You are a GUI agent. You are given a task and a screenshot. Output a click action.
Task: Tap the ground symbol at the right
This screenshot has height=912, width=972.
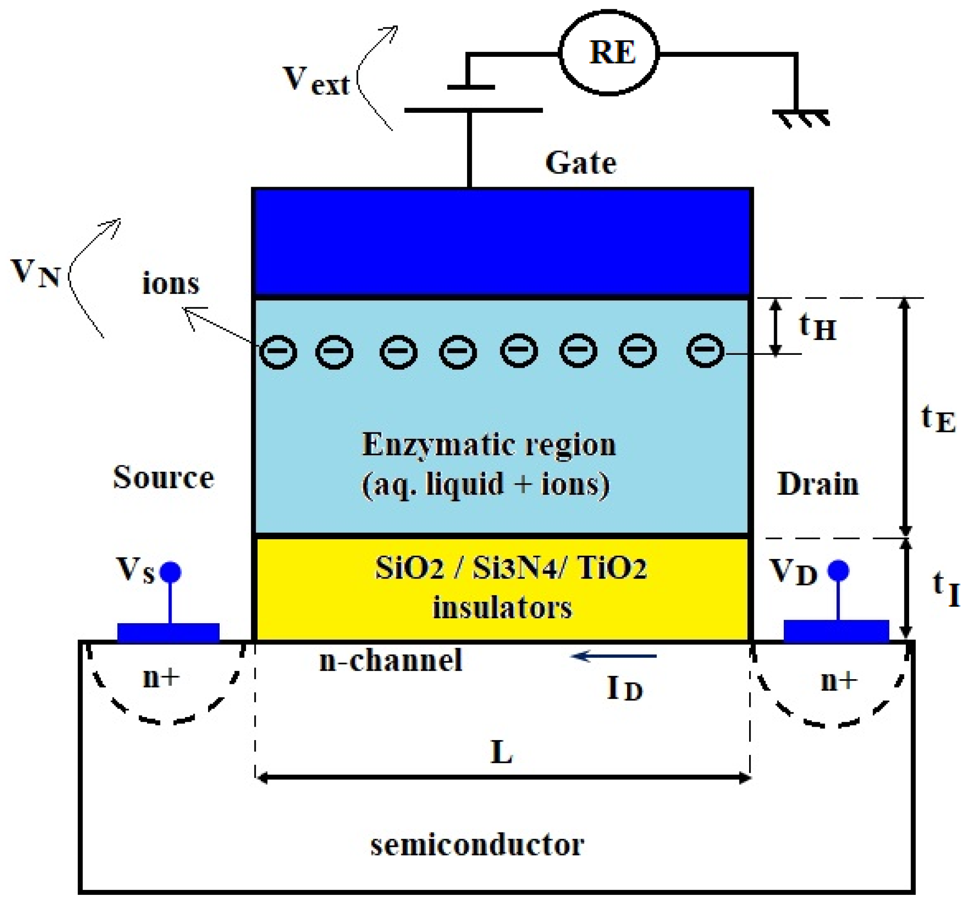[801, 117]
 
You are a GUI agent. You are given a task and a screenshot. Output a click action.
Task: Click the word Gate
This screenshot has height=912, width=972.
[581, 163]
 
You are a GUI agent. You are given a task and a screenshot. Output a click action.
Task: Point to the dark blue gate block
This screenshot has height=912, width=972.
[502, 243]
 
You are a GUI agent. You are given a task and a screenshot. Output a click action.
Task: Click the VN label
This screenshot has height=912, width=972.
[36, 273]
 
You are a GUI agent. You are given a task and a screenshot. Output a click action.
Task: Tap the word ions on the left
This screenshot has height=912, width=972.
[171, 283]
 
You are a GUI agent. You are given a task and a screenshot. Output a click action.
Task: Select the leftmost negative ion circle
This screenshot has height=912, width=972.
[278, 352]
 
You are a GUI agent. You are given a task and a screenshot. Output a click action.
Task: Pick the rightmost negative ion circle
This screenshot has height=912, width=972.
[705, 350]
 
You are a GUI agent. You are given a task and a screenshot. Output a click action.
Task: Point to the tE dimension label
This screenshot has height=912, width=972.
[938, 419]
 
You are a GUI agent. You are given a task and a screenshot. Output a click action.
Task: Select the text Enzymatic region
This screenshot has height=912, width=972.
[488, 445]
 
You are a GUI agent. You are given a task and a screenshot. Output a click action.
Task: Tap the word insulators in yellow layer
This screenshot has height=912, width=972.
[502, 608]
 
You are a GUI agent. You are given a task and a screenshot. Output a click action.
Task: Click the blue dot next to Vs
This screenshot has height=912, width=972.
[171, 572]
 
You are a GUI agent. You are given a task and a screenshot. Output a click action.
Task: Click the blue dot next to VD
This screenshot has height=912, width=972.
[838, 570]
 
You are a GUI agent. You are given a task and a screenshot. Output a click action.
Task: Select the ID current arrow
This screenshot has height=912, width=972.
[614, 656]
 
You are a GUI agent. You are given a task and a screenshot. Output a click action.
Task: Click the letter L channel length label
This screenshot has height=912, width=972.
[502, 752]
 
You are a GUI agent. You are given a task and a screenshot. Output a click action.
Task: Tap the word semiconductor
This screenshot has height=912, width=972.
[477, 845]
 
